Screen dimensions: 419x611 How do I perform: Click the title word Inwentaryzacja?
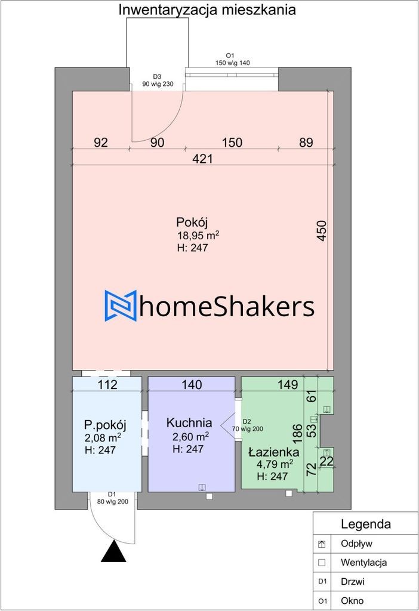click(x=168, y=10)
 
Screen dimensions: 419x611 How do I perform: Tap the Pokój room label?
click(x=192, y=222)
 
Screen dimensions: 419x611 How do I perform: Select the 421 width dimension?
click(x=203, y=159)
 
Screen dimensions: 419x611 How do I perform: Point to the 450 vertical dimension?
click(x=321, y=231)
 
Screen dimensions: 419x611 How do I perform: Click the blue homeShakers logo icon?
click(x=121, y=305)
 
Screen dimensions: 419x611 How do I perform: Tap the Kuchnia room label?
click(x=189, y=423)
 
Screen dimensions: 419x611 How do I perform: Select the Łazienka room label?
click(x=273, y=452)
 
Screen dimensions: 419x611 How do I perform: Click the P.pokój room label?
click(x=105, y=424)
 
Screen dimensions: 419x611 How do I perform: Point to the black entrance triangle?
click(x=113, y=551)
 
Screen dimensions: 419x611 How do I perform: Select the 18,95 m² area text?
click(x=198, y=235)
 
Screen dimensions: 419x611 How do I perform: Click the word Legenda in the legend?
click(x=366, y=524)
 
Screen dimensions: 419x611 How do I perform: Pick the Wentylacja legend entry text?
click(x=363, y=562)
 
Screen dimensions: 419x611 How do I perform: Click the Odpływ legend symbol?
click(x=322, y=544)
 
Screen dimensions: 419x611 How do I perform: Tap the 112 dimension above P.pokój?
click(x=107, y=385)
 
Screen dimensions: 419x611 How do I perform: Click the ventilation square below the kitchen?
click(x=209, y=496)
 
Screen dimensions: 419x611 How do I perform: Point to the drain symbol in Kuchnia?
click(x=202, y=487)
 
